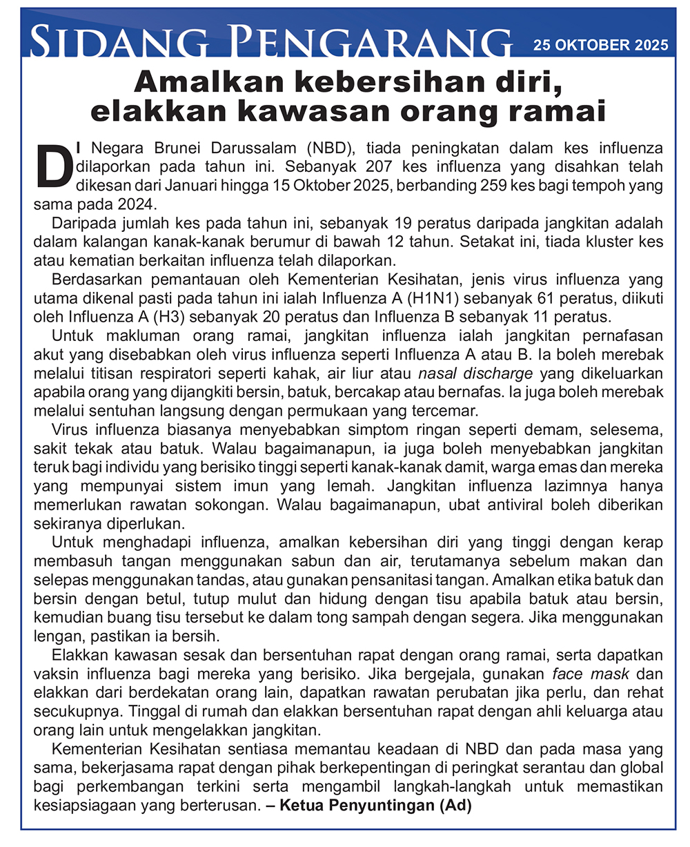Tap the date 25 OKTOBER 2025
click(600, 45)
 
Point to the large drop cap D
click(50, 165)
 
